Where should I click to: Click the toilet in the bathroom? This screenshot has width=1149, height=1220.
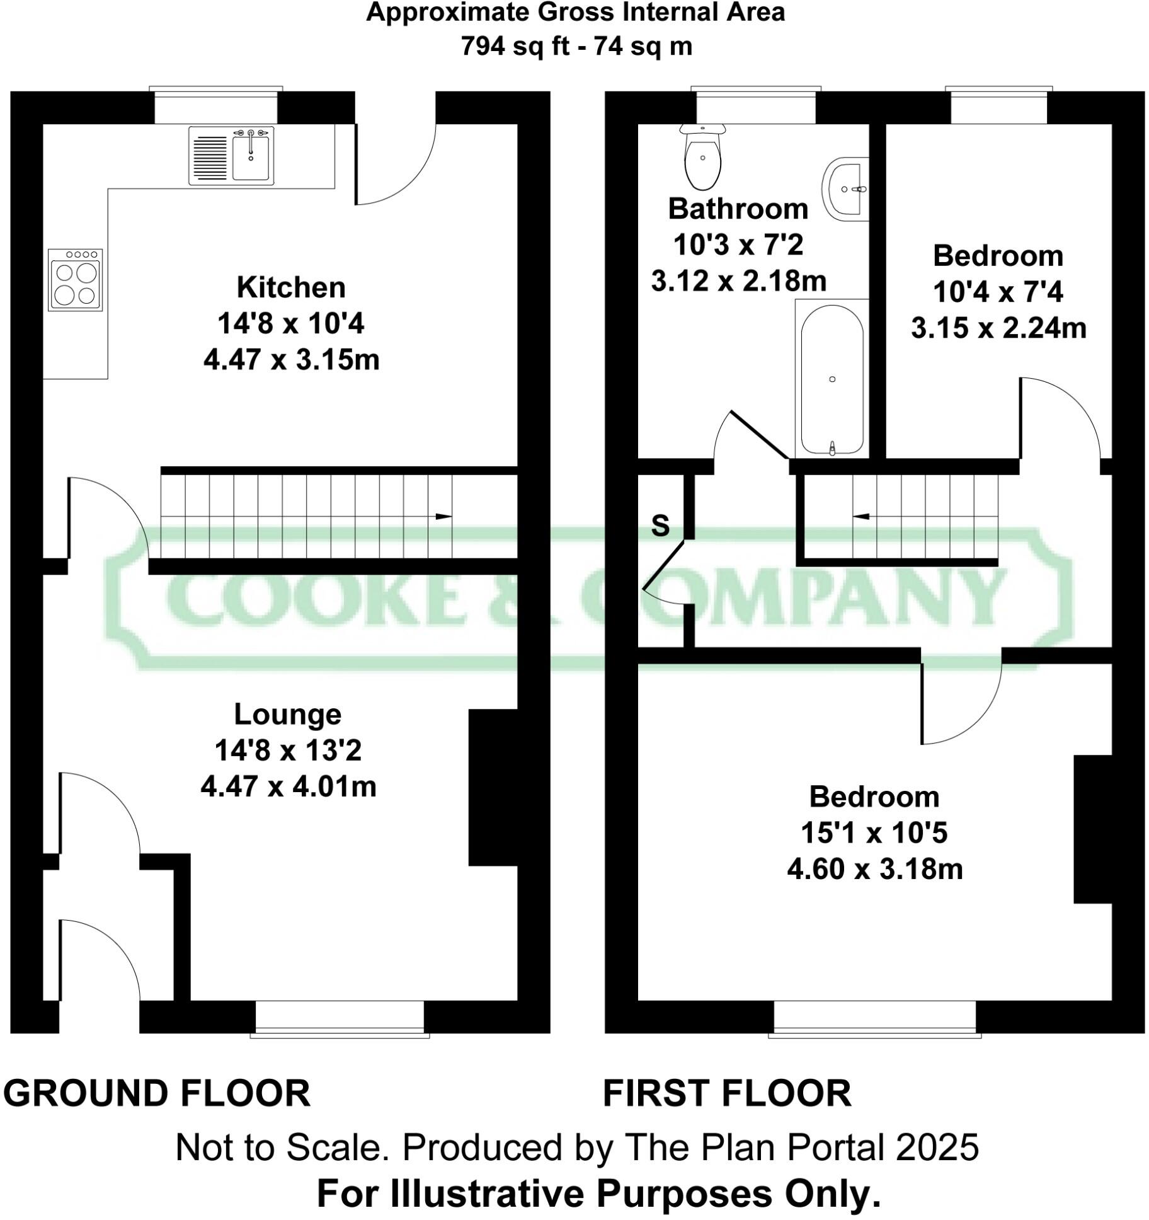(x=702, y=161)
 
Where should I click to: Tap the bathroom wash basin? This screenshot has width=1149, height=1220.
(x=844, y=188)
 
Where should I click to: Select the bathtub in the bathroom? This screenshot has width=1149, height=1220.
(x=832, y=379)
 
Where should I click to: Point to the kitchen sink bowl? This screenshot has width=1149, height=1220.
(x=251, y=157)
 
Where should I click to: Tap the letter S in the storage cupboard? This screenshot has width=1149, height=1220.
(x=660, y=525)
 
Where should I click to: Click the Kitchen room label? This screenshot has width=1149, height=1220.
(x=291, y=287)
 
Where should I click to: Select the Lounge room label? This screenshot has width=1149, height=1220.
(x=287, y=714)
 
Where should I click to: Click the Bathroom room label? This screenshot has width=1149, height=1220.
(x=738, y=209)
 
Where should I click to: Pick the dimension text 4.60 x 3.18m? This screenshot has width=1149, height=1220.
(x=874, y=869)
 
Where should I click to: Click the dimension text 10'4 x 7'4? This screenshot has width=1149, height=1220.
(x=998, y=292)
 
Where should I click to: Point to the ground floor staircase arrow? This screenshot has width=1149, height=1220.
(x=443, y=517)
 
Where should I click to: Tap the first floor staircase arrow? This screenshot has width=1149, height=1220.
(x=861, y=517)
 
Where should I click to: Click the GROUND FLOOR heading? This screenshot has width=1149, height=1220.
(x=157, y=1093)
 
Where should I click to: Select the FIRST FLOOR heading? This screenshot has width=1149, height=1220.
(x=727, y=1093)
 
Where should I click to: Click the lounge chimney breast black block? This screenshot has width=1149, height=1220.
(x=493, y=787)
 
